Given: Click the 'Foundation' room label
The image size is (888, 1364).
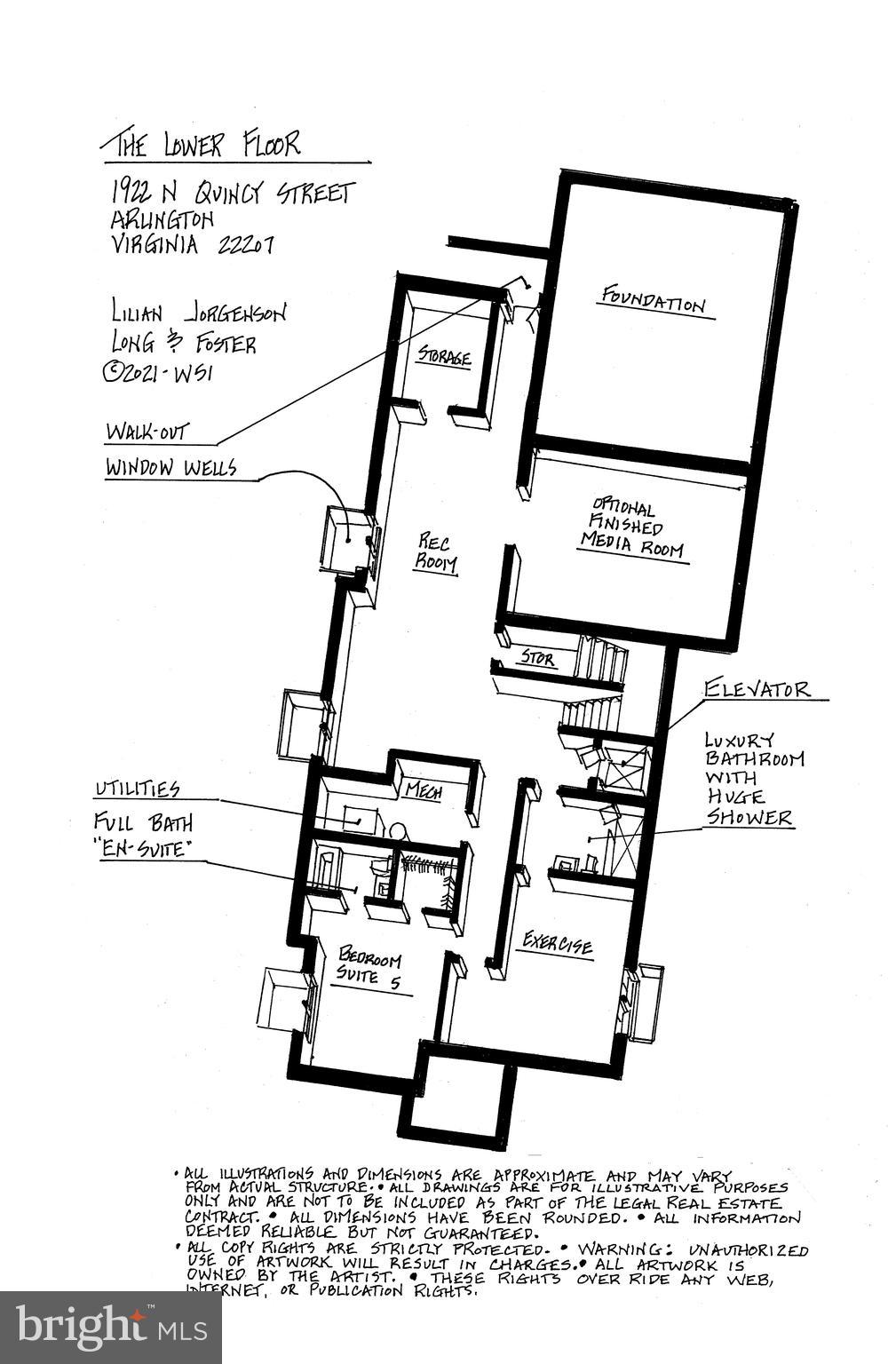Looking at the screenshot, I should click(x=654, y=300).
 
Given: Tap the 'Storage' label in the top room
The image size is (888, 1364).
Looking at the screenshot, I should click(x=444, y=357).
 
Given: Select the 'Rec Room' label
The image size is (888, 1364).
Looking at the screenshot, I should click(x=436, y=552).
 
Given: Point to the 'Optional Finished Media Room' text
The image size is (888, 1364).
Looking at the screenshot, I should click(x=631, y=529).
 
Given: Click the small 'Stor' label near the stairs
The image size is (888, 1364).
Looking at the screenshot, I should click(x=537, y=659).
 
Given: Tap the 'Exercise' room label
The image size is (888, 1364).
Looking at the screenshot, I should click(x=558, y=942).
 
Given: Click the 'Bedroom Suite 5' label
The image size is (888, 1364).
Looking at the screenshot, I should click(x=370, y=968).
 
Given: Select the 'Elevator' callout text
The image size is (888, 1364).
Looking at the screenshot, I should click(x=757, y=688).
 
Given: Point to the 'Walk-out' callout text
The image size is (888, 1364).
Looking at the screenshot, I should click(x=147, y=432).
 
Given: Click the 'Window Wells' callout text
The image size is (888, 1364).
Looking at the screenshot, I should click(x=170, y=467).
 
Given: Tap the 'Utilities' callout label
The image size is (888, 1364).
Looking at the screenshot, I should click(x=137, y=789).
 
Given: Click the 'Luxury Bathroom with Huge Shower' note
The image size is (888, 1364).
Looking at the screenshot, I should click(x=753, y=778).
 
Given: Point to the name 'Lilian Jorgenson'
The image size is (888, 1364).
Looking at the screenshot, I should click(x=198, y=312).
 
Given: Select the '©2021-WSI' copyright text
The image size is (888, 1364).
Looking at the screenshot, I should click(x=158, y=372).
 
